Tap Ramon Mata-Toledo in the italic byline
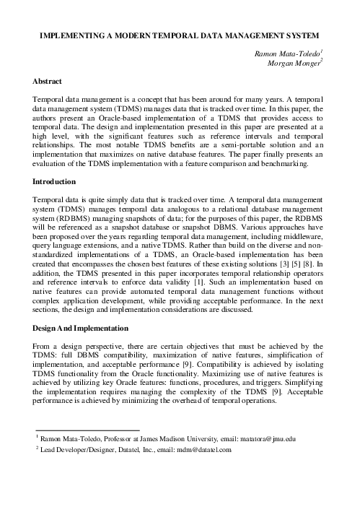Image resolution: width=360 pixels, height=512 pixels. point(286,53)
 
